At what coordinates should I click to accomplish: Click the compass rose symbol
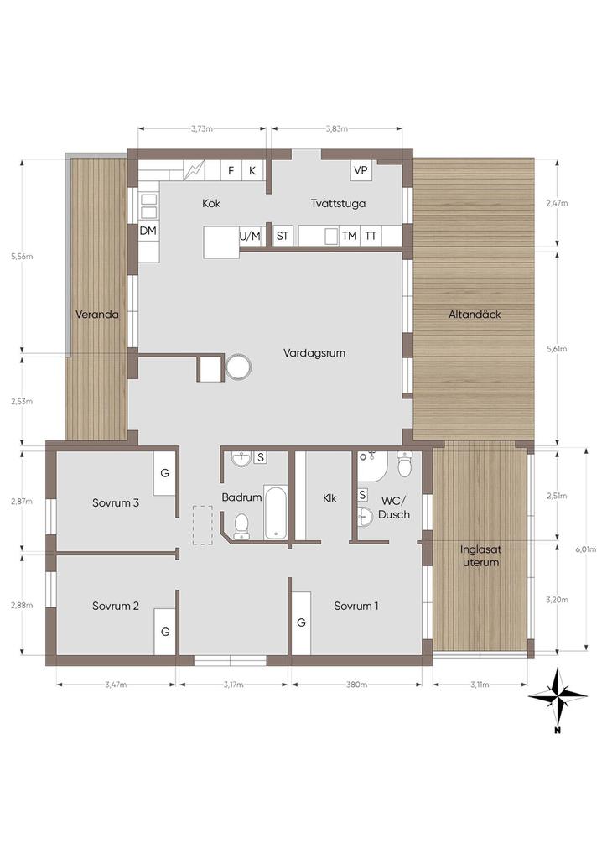click(x=558, y=697)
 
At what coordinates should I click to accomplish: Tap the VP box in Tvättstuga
click(x=361, y=170)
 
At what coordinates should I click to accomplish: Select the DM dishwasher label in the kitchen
click(x=148, y=231)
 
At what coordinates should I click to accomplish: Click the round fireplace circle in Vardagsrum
click(x=239, y=367)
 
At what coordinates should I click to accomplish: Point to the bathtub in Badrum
click(x=275, y=512)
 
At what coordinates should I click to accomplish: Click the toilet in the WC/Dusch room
click(x=404, y=464)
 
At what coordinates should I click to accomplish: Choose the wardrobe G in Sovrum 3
click(x=165, y=473)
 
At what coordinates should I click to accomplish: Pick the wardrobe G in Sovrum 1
click(x=301, y=623)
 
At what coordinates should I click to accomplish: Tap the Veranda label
click(x=97, y=315)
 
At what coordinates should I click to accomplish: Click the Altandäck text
click(x=475, y=315)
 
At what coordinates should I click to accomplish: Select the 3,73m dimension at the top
click(x=202, y=128)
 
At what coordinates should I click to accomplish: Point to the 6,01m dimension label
click(x=586, y=549)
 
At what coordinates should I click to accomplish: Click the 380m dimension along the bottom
click(x=357, y=685)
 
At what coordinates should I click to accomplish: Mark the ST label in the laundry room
click(x=283, y=236)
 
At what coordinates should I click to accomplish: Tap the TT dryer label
click(x=371, y=236)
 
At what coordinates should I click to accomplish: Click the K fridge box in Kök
click(x=252, y=170)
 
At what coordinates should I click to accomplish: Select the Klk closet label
click(x=329, y=498)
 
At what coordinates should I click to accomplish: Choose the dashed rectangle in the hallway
click(x=203, y=525)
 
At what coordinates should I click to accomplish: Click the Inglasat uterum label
click(x=480, y=555)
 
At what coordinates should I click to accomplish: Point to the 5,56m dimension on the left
click(x=22, y=257)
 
